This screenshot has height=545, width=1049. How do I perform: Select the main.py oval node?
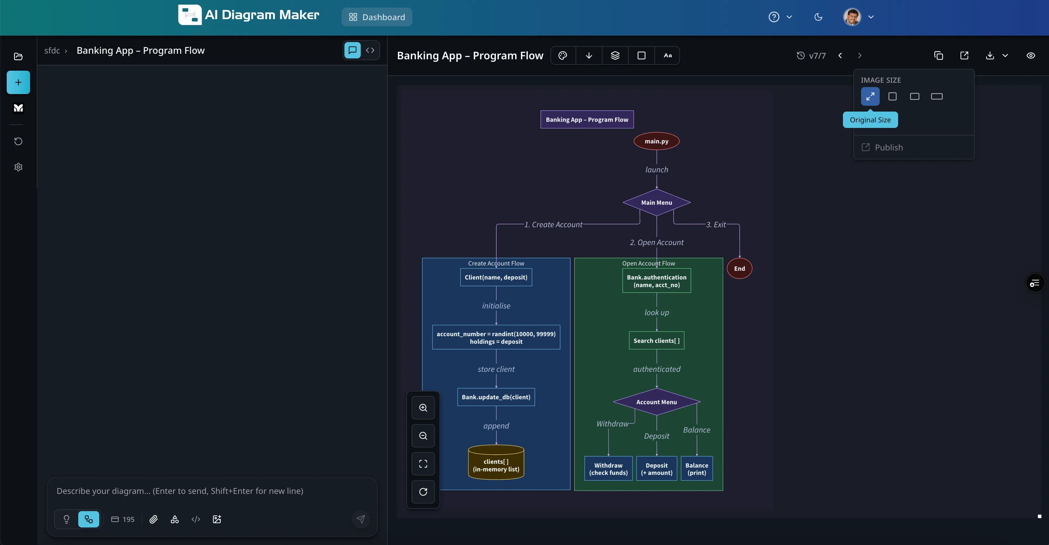(656, 141)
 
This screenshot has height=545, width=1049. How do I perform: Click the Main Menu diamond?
(656, 203)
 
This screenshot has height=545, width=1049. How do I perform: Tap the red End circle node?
(739, 268)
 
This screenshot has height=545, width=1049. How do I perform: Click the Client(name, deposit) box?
(496, 277)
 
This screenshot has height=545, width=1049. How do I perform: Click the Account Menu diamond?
(656, 402)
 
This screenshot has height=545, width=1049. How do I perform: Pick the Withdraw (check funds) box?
(608, 469)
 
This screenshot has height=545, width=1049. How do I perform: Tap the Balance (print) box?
(696, 469)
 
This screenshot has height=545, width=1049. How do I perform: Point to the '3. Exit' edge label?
(715, 225)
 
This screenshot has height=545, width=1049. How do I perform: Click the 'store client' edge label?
(496, 369)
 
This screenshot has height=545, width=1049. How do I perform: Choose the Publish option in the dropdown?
(888, 147)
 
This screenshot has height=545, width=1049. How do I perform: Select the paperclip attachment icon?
(154, 519)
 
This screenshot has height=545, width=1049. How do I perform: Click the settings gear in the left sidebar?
(18, 167)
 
